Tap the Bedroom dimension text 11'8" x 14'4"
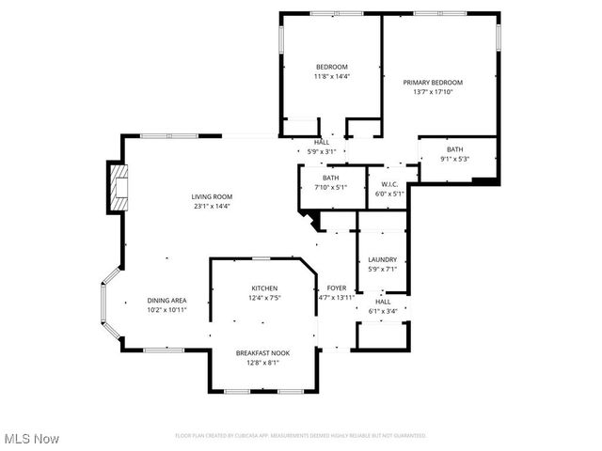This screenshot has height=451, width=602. click(331, 76)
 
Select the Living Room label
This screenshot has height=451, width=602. click(213, 196)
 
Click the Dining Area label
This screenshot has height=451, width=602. click(166, 300)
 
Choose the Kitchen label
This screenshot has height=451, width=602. click(263, 288)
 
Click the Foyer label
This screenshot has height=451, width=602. click(337, 288)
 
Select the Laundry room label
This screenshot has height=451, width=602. click(382, 259)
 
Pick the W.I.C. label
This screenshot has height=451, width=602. click(389, 183)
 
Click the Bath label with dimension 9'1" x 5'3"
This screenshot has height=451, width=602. click(454, 149)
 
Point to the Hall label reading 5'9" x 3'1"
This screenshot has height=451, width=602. click(322, 142)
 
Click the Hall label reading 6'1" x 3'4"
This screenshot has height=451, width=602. click(383, 302)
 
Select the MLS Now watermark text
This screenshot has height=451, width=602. click(31, 439)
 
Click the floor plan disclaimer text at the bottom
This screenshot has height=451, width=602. click(301, 436)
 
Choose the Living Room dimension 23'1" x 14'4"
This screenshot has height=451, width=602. click(213, 206)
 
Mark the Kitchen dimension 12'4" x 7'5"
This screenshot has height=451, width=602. click(263, 298)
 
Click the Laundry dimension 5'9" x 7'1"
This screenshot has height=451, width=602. click(382, 270)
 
